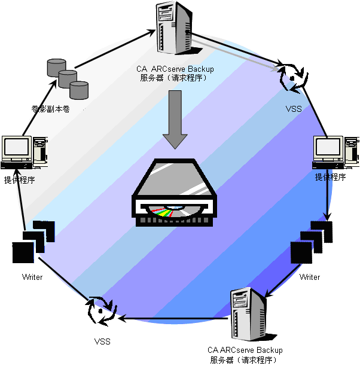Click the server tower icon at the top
point(174,28)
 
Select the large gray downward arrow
point(175,120)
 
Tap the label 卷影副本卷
point(51,109)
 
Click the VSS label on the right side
point(294,109)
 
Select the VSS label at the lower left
point(102,341)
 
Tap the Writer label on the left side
point(32,277)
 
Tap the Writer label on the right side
point(310,277)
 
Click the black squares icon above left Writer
point(35,241)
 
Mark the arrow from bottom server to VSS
point(173,318)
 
